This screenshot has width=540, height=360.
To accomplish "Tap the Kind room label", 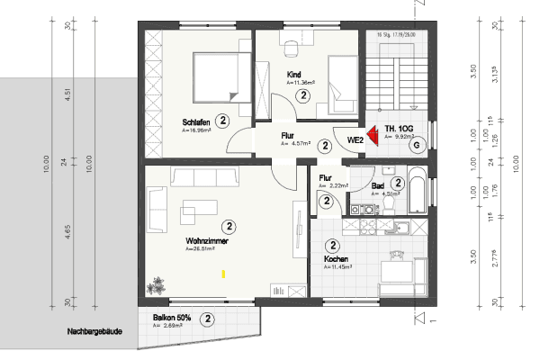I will pos(293,73).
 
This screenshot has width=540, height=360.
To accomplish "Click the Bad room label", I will pos(378,186).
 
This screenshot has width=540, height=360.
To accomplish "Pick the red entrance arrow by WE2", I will pos(372,137).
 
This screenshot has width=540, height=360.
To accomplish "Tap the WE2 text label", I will pos(355,140).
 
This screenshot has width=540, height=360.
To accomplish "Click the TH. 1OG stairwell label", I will pos(399,129).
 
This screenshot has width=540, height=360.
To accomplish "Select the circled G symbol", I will pos(415,144).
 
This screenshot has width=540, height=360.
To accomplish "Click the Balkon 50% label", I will pos(170,319).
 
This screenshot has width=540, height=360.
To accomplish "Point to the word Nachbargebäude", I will pos(94,331).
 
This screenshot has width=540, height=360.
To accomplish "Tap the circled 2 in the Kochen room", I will pos(333,245).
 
